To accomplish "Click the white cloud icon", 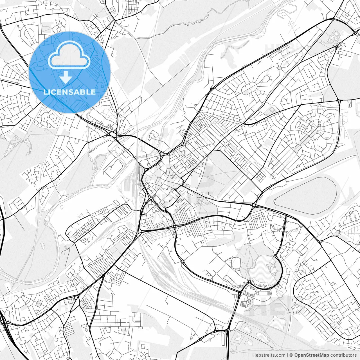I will tap(69, 55).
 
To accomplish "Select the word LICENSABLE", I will tap(69, 92).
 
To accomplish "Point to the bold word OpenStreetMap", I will tap(312, 355).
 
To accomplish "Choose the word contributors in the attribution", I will tap(343, 355).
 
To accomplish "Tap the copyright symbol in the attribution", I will tap(291, 355).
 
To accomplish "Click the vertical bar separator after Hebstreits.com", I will tap(287, 355).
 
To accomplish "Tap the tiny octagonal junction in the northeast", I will tap(280, 67).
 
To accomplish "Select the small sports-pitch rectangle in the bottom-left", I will tap(39, 303).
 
